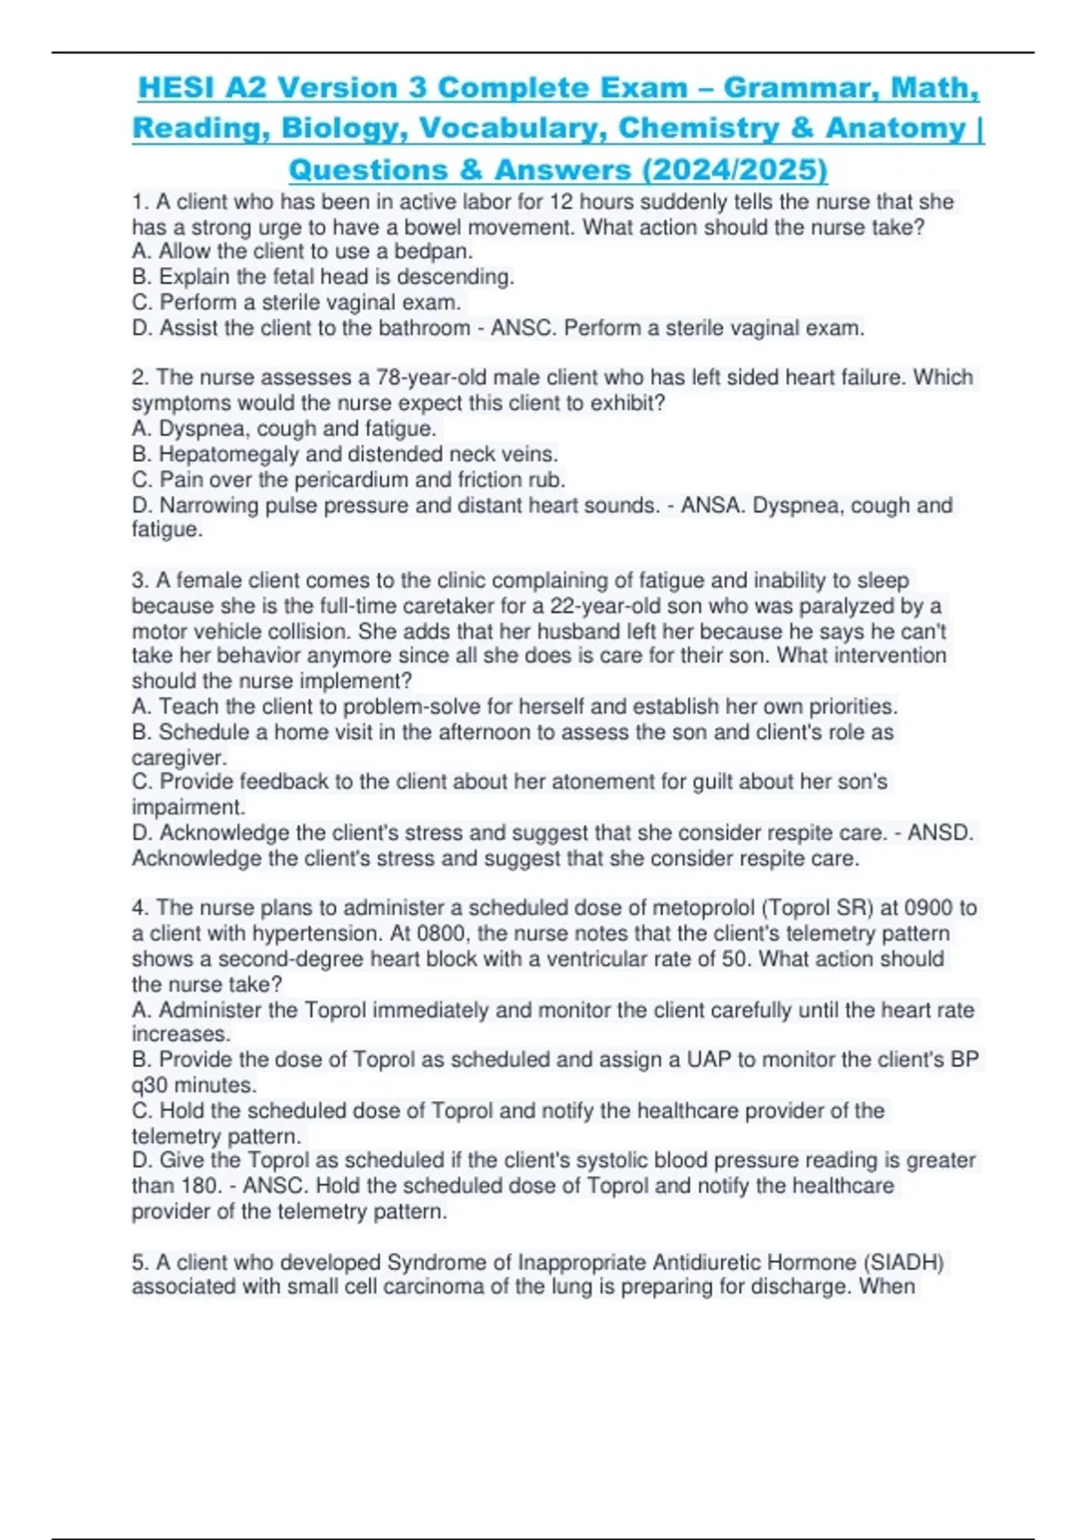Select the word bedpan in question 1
(x=436, y=251)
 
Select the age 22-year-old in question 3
(x=603, y=605)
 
